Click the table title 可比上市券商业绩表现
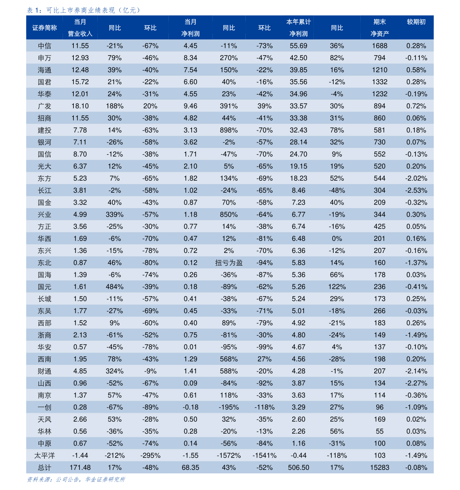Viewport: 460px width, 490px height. coord(80,10)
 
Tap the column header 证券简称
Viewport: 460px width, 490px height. coord(44,28)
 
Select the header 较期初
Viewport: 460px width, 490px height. coord(416,22)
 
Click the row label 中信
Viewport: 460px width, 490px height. coord(44,46)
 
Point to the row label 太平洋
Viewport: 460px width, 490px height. coord(44,456)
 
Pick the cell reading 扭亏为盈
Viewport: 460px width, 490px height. coord(229,263)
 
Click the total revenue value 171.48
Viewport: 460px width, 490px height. coord(80,467)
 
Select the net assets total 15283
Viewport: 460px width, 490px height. coord(380,467)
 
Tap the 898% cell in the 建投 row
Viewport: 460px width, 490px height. coord(229,130)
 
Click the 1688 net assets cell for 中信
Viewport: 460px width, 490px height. coord(380,46)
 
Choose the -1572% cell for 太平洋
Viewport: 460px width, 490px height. coord(229,455)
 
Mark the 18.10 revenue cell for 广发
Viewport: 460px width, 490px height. coord(80,106)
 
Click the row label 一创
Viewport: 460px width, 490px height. coord(44,407)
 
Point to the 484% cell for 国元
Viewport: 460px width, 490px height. coord(115,287)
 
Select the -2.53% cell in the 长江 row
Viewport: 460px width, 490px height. coord(416,190)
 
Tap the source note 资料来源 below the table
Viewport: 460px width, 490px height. coord(76,479)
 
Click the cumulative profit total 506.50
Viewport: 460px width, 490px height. coord(299,467)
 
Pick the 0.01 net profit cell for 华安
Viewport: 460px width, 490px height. coord(190,347)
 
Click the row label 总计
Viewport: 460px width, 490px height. coord(44,468)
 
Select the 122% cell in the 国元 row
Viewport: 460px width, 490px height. coord(337,287)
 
